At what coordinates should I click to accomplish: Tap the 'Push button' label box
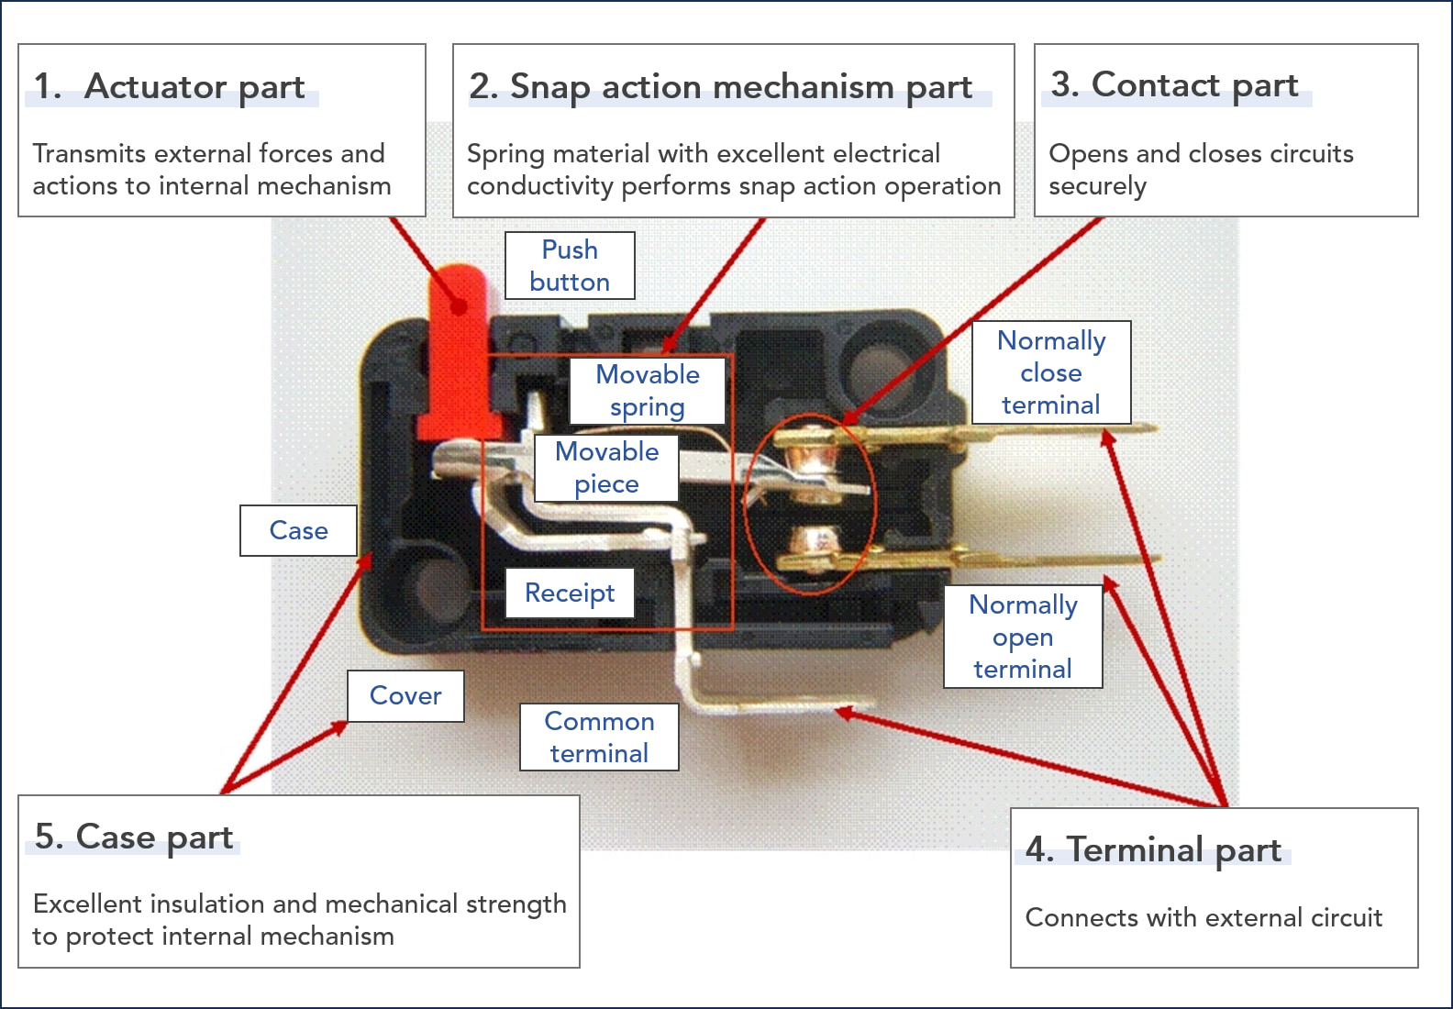570,265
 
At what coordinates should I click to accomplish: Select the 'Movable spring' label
648,390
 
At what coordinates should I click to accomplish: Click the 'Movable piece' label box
606,467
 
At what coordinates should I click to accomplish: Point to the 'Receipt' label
570,593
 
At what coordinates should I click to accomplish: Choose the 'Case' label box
298,530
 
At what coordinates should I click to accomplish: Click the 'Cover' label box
405,695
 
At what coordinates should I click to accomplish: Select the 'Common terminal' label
599,737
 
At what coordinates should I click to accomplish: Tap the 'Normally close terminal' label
1051,372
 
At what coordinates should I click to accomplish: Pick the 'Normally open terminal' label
1023,637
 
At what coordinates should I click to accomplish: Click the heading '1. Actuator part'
170,86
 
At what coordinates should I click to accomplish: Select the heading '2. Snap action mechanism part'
720,86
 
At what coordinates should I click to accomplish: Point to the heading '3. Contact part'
1174,84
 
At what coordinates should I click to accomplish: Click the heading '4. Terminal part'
1153,849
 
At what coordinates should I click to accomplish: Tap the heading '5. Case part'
134,837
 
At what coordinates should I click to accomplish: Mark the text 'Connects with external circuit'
1203,917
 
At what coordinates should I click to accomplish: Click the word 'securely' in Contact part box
1097,186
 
